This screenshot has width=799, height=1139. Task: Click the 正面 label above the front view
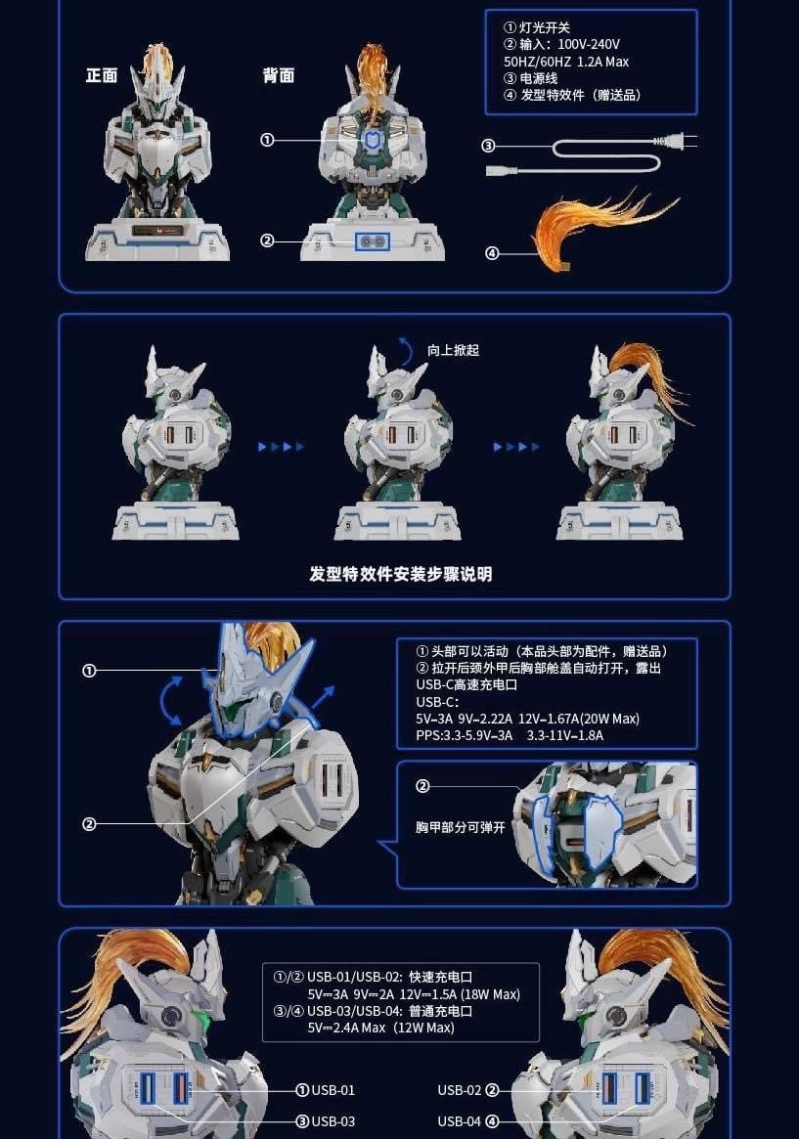pos(102,76)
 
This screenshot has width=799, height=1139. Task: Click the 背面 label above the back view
pos(279,76)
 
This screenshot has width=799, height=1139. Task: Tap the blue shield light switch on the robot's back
pos(372,142)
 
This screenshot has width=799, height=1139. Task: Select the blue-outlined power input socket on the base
pos(372,241)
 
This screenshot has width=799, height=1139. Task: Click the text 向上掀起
pos(453,350)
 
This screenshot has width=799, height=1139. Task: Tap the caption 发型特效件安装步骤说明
pos(401,574)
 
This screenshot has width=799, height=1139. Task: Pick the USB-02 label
pos(460,1090)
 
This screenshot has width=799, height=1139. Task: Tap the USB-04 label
pos(460,1121)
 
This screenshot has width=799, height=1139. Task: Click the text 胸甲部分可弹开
pos(460,827)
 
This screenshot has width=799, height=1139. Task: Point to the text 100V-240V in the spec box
pos(589,44)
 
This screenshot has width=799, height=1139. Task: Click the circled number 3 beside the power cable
pos(489,147)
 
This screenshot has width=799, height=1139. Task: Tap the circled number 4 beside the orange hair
pos(492,254)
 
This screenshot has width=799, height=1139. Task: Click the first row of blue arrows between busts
pos(281,447)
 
